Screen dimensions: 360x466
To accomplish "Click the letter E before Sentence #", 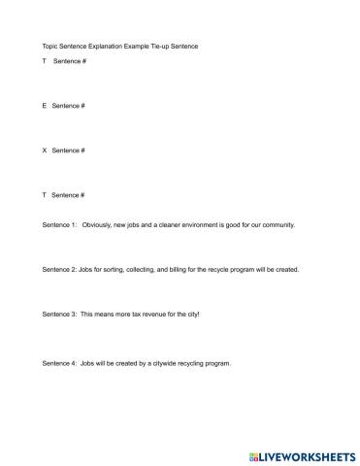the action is point(45,105).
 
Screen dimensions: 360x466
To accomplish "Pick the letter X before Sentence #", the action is point(45,150).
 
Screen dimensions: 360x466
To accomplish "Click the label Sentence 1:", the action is point(59,224).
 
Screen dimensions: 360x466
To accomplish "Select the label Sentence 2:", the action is point(59,270).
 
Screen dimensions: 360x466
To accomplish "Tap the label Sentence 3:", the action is point(59,315).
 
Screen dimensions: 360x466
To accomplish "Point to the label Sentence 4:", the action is point(59,363).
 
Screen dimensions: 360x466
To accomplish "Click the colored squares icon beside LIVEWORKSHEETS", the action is point(254,453).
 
